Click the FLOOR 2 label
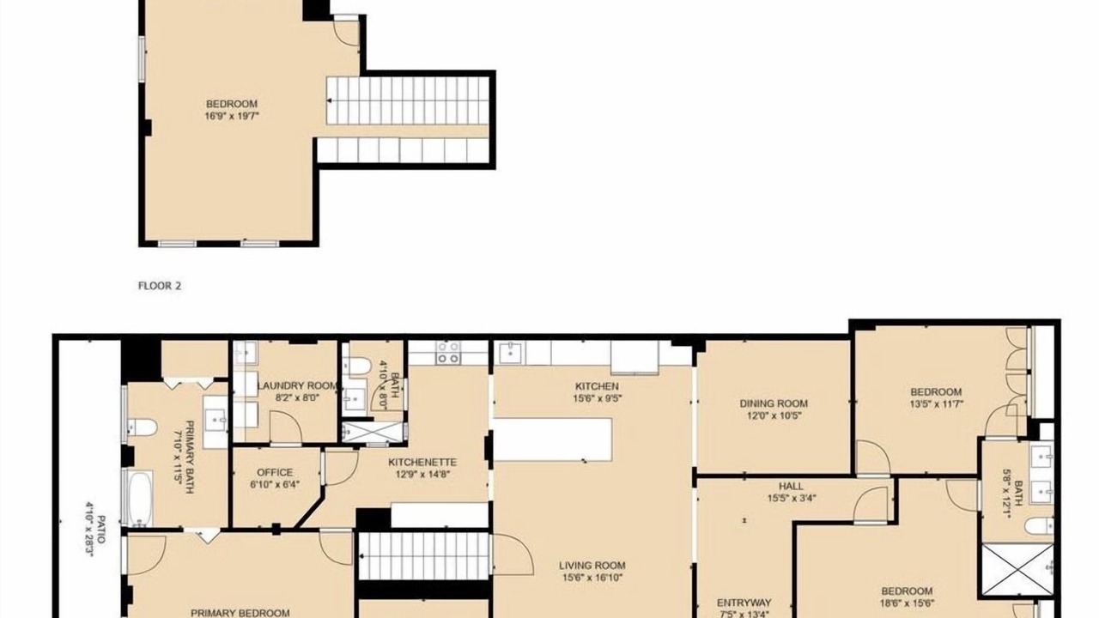tap(160, 286)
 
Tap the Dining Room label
tap(774, 403)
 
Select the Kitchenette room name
tap(422, 462)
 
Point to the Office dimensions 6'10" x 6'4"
tap(276, 484)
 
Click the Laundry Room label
tap(298, 386)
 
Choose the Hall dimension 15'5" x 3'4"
tap(792, 499)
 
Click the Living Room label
tap(592, 566)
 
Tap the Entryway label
tap(744, 603)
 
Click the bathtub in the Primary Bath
tap(137, 499)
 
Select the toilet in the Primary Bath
tap(143, 427)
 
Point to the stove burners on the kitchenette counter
tap(448, 353)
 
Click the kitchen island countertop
tap(553, 439)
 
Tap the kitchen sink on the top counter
tap(510, 353)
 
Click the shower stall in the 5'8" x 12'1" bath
tap(1018, 571)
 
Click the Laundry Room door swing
tap(286, 427)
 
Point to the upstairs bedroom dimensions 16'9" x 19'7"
tap(232, 116)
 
